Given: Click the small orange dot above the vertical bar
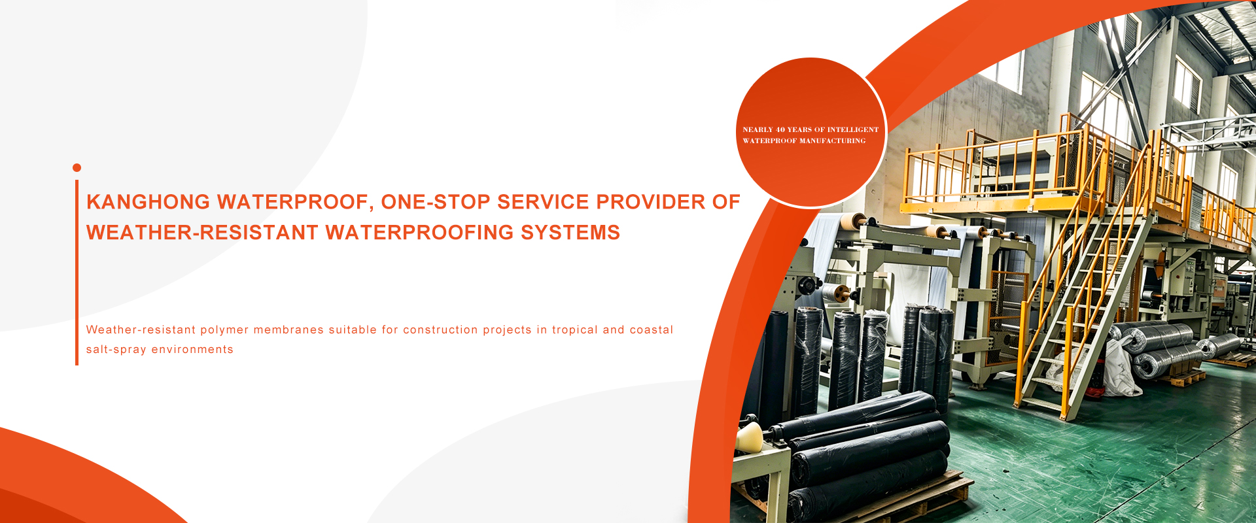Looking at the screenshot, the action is pyautogui.click(x=77, y=168).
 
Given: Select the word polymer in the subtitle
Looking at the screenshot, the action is pyautogui.click(x=224, y=330).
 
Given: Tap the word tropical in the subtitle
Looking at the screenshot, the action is pyautogui.click(x=575, y=330).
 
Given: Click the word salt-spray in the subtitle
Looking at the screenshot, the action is pyautogui.click(x=116, y=350).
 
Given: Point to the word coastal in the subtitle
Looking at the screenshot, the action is pyautogui.click(x=651, y=330).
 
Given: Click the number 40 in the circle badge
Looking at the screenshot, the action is pyautogui.click(x=780, y=130).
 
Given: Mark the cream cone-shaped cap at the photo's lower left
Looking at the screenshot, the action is pyautogui.click(x=749, y=437).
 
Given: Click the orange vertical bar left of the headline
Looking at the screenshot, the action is pyautogui.click(x=77, y=273).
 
